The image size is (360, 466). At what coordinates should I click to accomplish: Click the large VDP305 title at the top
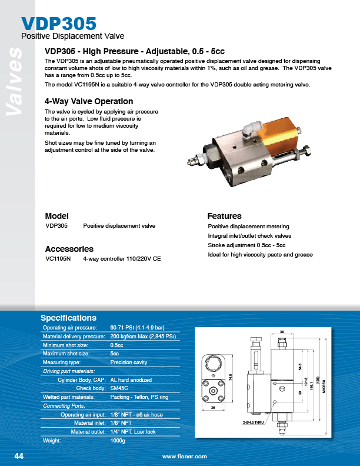tap(59, 24)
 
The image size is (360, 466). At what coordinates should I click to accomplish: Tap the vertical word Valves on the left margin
tap(12, 83)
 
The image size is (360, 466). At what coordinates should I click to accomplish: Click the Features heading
tap(224, 216)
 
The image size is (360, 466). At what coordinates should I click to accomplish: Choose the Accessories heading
tap(69, 249)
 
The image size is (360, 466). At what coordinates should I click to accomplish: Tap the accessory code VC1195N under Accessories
tap(58, 259)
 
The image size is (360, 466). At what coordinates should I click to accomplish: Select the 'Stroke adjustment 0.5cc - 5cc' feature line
tap(247, 245)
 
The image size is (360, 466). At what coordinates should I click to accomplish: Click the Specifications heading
tap(68, 318)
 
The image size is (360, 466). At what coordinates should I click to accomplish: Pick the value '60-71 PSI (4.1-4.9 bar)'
tap(138, 327)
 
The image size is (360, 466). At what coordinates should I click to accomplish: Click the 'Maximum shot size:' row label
tap(66, 354)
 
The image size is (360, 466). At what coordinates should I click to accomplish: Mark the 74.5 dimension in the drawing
tap(231, 377)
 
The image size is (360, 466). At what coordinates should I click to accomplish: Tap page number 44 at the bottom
tap(19, 457)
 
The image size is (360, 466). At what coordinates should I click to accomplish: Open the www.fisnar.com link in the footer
tap(185, 457)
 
